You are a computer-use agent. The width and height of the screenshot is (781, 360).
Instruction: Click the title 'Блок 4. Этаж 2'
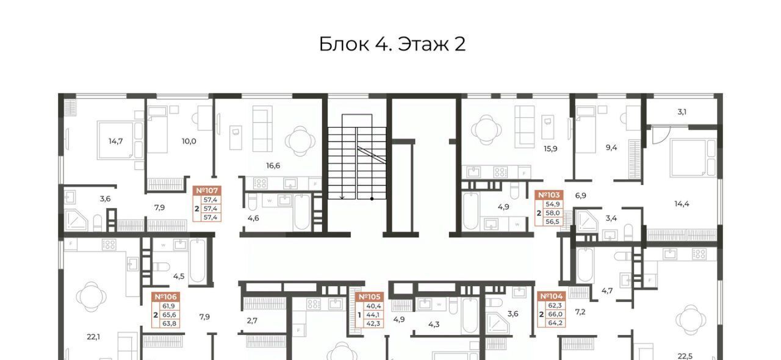point(392,45)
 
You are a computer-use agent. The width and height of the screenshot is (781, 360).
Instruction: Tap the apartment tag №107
point(207,190)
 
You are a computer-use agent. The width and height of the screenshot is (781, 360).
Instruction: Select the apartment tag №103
point(549,195)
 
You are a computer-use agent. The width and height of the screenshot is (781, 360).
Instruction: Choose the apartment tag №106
point(165,297)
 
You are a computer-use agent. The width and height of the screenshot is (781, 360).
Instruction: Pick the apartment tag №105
point(370,297)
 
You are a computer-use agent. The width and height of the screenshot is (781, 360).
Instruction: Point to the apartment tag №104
point(551,297)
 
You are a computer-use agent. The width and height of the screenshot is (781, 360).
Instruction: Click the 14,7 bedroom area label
point(115,142)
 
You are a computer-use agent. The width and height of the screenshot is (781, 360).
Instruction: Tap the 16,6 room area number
point(273,166)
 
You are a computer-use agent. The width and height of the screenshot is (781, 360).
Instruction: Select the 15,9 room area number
point(550,149)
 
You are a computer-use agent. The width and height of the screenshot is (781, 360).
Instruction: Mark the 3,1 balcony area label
point(682,112)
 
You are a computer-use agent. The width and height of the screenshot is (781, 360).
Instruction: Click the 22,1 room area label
point(93,337)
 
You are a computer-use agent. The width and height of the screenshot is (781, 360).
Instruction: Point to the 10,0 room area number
point(189,142)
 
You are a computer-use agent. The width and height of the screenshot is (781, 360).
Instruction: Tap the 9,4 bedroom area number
point(611,148)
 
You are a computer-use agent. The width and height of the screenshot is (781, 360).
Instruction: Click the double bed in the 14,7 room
point(115,140)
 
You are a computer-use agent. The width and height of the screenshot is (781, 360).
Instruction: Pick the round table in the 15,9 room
point(486,130)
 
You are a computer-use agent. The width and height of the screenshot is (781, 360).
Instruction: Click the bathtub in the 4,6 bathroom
point(302,212)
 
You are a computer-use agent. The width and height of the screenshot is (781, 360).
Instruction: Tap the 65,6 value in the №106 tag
point(169,315)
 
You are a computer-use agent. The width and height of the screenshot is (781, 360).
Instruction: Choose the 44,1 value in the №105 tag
point(373,315)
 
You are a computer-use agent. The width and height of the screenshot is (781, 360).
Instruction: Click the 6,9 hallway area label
point(580,196)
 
